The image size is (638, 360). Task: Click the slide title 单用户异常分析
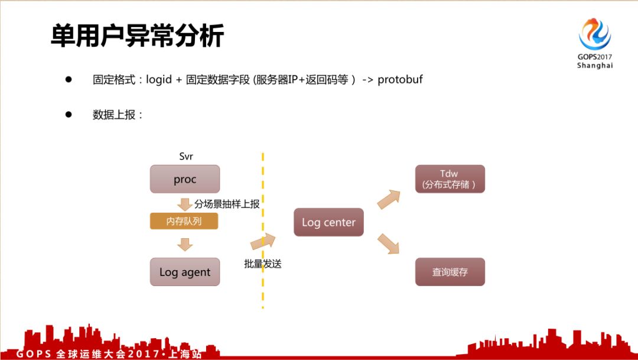pos(137,35)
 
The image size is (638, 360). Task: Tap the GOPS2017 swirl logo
pos(594,34)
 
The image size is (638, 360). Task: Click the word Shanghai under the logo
pos(595,66)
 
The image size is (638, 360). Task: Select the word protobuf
pos(400,79)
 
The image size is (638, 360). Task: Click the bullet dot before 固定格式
pos(68,79)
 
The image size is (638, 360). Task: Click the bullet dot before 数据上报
pos(68,114)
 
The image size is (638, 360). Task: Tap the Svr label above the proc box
pos(186,157)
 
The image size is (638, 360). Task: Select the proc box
pos(185,179)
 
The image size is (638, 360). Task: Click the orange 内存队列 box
pos(184,222)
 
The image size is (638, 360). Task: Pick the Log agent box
pos(185,272)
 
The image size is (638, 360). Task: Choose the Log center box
pos(328,222)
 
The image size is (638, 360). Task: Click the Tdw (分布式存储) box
pos(450,179)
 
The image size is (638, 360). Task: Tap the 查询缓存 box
pos(450,272)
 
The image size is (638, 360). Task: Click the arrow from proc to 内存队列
pos(185,204)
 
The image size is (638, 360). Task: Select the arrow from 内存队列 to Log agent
pos(185,244)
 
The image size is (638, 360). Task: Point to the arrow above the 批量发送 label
pos(263,241)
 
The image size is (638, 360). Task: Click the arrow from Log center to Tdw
pos(389,199)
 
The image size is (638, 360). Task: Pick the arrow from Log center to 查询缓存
pos(389,244)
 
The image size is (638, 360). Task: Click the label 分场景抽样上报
pos(227,203)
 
